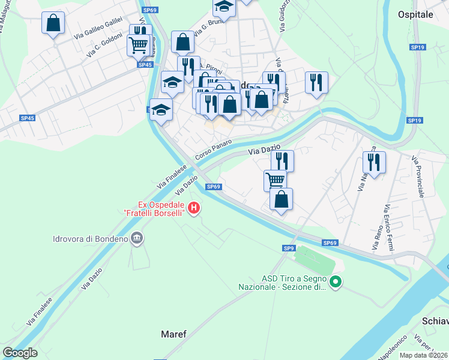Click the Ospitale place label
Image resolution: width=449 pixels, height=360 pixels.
point(415,13)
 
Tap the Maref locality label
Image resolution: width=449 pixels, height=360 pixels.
point(173,333)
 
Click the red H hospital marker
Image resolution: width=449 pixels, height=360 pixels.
point(194,208)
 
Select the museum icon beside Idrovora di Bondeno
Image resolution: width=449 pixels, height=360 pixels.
point(137,239)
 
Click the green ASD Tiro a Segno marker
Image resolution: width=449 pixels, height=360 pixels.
point(336,281)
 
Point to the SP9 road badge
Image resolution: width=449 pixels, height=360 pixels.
point(289,248)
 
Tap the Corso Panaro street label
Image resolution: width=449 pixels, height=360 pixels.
point(212,149)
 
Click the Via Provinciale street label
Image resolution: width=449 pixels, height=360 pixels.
point(418,177)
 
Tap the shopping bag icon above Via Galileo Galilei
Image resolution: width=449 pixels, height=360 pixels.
point(53,23)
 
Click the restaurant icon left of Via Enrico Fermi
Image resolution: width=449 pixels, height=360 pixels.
point(374,162)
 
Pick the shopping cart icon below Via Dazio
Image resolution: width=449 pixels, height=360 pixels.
point(276,180)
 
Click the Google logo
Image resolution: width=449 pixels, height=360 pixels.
point(19,353)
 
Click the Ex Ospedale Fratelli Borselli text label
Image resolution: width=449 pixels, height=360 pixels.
point(154,208)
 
